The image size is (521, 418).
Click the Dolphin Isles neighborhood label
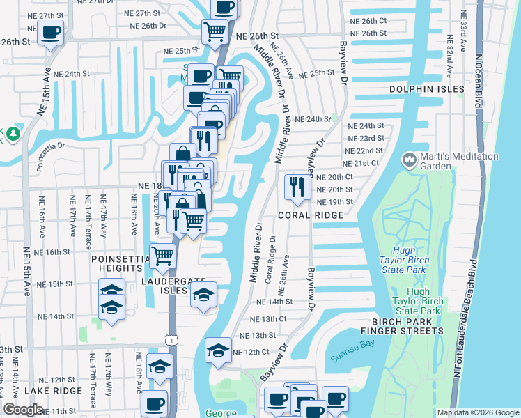tap(417, 89)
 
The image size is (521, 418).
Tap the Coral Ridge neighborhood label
tap(311, 215)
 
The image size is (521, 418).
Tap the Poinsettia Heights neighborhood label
tap(120, 263)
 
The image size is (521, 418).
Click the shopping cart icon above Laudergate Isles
tap(162, 256)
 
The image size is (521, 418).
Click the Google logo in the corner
tap(24, 409)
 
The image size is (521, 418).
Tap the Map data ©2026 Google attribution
tap(477, 412)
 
